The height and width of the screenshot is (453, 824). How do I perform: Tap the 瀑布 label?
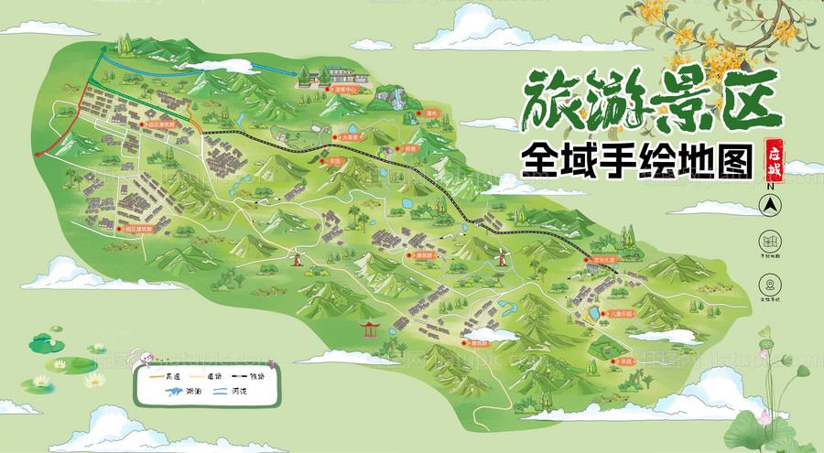pyautogui.click(x=407, y=113)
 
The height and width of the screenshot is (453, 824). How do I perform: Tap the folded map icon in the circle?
pyautogui.click(x=771, y=242)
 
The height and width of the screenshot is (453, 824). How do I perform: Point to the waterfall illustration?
pyautogui.click(x=397, y=95)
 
